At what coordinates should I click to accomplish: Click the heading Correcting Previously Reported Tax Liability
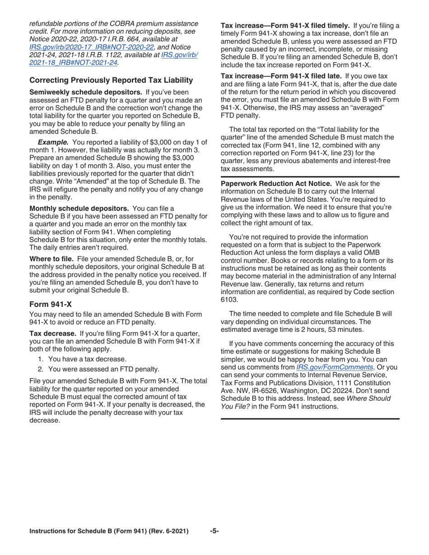(x=111, y=80)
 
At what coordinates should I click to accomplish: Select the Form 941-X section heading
(x=50, y=304)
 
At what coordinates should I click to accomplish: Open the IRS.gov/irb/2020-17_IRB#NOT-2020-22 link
(x=92, y=46)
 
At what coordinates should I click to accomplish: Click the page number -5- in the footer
(x=214, y=531)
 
